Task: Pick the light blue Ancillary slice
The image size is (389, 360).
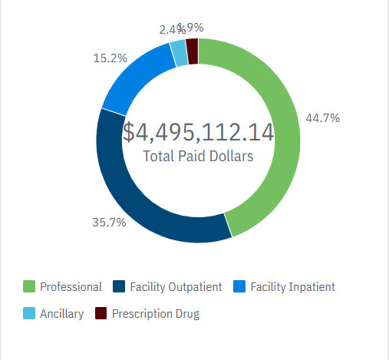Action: coord(178,53)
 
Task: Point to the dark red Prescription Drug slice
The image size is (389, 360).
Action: coord(193,51)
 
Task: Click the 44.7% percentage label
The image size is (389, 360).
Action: coord(323,118)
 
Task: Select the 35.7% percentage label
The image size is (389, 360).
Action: coord(109,223)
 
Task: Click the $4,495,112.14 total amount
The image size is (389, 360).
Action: coord(198,132)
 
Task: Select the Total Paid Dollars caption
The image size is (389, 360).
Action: coord(198,156)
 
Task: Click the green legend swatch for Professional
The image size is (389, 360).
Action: coord(28,287)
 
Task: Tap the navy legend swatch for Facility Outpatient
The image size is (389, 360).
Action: coord(119,287)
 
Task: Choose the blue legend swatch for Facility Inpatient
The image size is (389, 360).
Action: coord(239,287)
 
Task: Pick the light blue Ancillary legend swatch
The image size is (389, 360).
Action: coord(28,314)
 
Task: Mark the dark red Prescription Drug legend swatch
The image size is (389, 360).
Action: coord(101,314)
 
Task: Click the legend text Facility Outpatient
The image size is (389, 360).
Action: coord(176,287)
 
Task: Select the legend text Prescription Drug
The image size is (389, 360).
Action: coord(156,314)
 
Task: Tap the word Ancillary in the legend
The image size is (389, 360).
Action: coord(61,314)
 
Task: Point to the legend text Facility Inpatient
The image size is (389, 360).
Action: coord(292,287)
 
